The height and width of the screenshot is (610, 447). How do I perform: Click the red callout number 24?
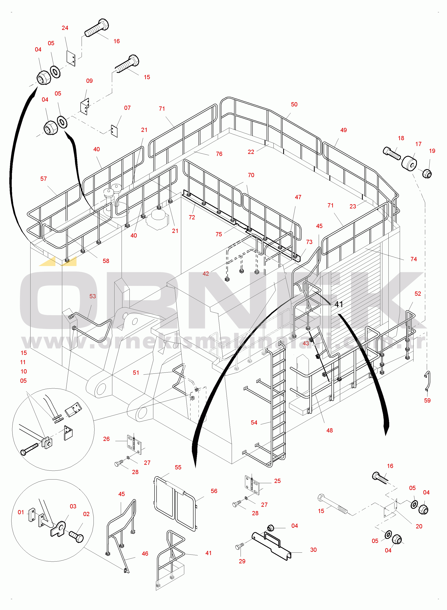(65, 28)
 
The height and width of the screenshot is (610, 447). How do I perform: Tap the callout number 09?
(89, 81)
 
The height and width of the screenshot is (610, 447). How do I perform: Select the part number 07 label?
(127, 108)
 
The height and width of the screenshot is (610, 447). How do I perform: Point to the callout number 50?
(294, 104)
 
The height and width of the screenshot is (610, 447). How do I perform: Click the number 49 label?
(343, 130)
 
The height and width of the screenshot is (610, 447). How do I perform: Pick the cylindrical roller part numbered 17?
(409, 163)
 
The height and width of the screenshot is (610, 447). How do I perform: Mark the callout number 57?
(44, 179)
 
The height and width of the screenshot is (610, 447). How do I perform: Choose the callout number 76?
(219, 154)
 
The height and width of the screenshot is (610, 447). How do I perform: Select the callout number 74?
(413, 259)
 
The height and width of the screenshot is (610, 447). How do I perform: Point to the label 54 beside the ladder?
(254, 423)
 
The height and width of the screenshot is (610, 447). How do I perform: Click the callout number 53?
(93, 296)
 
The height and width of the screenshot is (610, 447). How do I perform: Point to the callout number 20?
(419, 526)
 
